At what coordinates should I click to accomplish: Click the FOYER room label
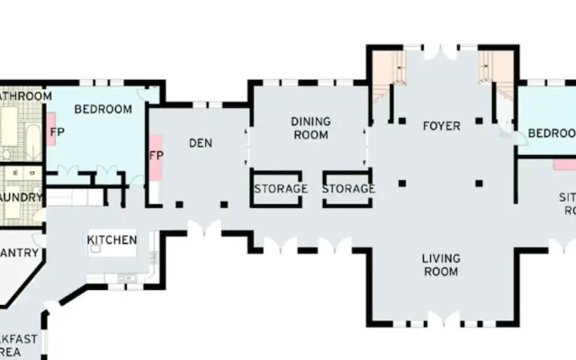441,126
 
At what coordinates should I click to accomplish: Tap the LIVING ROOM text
441,265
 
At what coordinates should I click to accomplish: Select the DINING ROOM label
310,128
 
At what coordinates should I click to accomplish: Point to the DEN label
200,142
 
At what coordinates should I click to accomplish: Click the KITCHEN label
112,239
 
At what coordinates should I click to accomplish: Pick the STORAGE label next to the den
281,189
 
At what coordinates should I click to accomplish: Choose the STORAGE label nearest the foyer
349,189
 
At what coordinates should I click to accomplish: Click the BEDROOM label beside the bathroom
103,110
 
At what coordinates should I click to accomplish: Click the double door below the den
205,227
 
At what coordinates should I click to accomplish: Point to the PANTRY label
18,253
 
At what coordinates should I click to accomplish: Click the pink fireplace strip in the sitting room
564,165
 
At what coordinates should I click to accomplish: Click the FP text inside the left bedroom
58,132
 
